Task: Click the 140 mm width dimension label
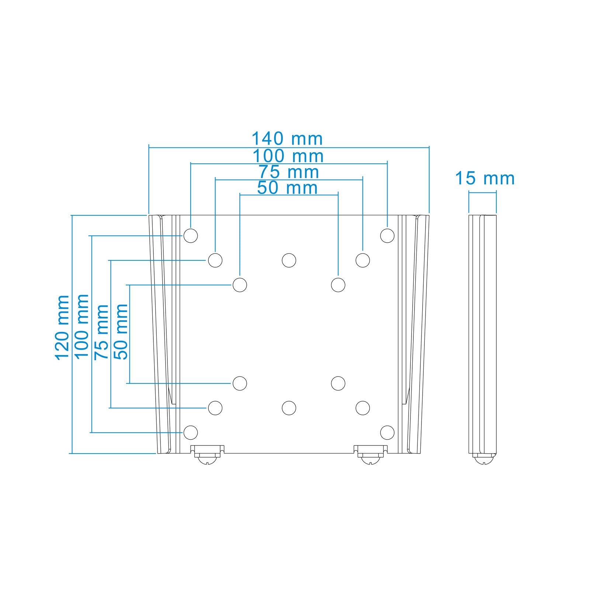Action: click(x=287, y=139)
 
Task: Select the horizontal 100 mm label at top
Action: click(x=288, y=156)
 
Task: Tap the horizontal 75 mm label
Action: click(x=288, y=172)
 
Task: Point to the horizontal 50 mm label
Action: click(x=288, y=188)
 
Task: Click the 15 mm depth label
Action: click(x=485, y=178)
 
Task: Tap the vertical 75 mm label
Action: click(x=101, y=332)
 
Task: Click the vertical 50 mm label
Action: click(x=121, y=332)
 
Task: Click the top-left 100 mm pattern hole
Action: click(x=191, y=235)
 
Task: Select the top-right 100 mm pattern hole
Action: click(x=387, y=235)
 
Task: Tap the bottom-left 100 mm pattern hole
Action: click(x=191, y=432)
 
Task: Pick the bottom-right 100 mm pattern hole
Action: click(x=387, y=432)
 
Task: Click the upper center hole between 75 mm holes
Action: click(x=289, y=260)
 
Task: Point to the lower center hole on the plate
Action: click(x=289, y=407)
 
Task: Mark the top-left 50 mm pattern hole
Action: click(x=240, y=285)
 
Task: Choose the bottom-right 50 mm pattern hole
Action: click(x=338, y=383)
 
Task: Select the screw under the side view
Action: click(x=484, y=460)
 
